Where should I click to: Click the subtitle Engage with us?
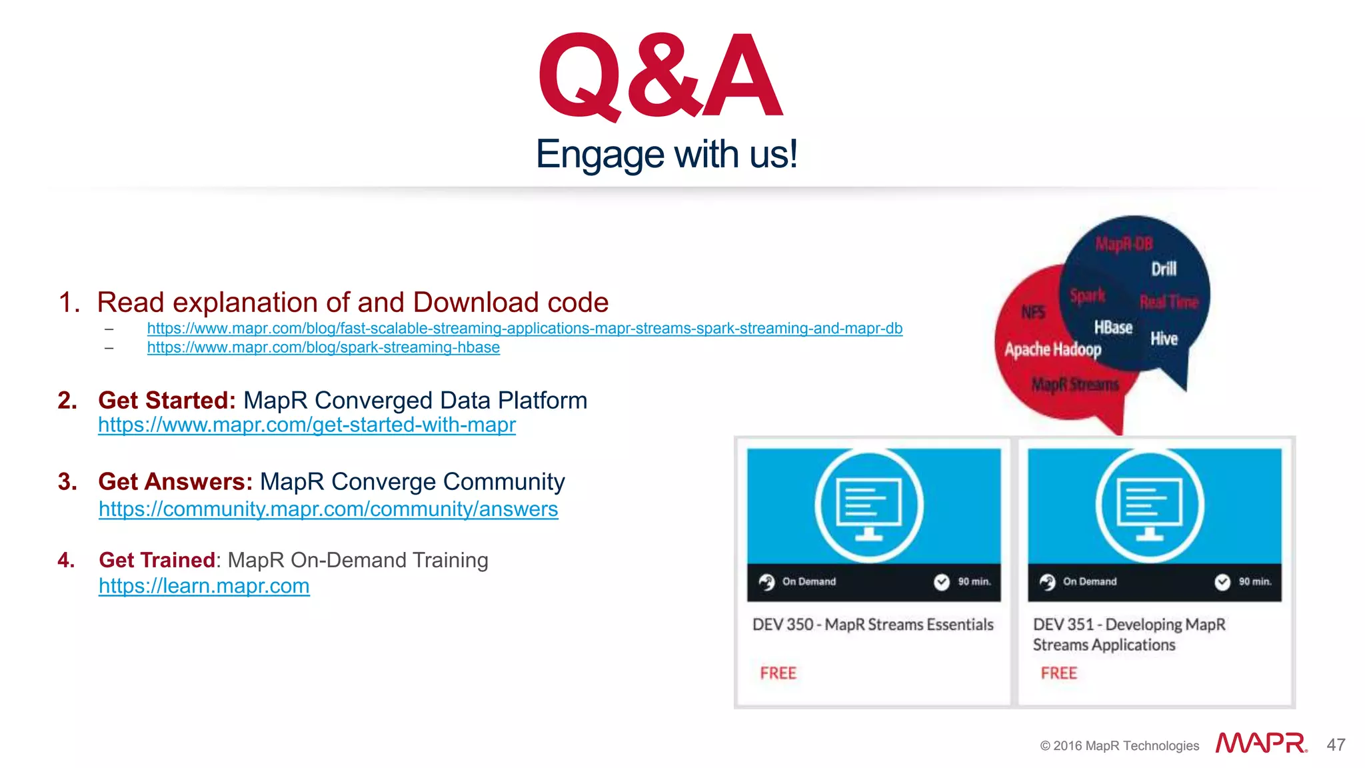(x=667, y=154)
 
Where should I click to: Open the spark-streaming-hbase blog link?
(x=323, y=347)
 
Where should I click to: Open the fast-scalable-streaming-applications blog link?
(x=525, y=328)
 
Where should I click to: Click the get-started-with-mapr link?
(x=307, y=425)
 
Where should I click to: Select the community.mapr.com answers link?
(x=328, y=509)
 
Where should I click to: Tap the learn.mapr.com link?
(x=204, y=586)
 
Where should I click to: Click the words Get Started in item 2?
(x=166, y=400)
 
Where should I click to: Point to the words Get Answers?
(x=175, y=481)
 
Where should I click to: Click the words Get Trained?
(x=157, y=560)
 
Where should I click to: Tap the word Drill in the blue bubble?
(x=1164, y=269)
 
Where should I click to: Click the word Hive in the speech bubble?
(x=1164, y=339)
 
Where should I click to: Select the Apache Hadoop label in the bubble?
(x=1052, y=349)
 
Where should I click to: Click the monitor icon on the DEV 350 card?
(x=869, y=505)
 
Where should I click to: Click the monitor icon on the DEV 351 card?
(x=1150, y=505)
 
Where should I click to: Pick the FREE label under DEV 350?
(x=778, y=673)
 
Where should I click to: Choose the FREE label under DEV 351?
(x=1058, y=673)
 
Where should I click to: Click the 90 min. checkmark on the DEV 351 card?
(x=1222, y=582)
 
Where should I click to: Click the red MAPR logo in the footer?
(x=1261, y=743)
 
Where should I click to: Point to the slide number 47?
(x=1336, y=745)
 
